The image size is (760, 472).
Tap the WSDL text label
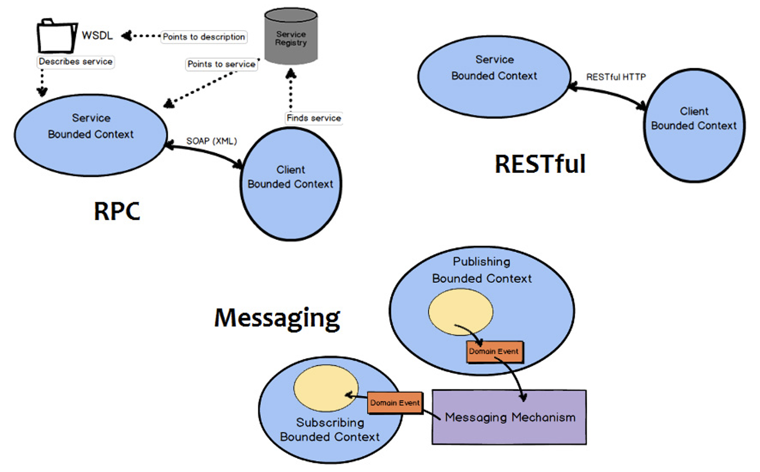click(x=97, y=36)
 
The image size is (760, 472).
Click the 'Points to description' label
click(x=204, y=37)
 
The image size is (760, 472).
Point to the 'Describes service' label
click(x=75, y=61)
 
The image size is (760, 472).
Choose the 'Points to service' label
click(x=222, y=64)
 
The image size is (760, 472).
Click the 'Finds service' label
click(x=313, y=118)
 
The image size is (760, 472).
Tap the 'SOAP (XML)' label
click(x=211, y=142)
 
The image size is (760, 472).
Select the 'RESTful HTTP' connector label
click(x=616, y=77)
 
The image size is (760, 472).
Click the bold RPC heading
click(x=117, y=211)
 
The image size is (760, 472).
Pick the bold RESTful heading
click(x=540, y=164)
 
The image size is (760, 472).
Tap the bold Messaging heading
click(x=277, y=317)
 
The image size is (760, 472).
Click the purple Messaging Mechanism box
click(x=509, y=417)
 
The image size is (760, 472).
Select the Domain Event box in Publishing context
click(x=493, y=352)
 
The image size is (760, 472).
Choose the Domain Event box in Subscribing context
click(x=395, y=402)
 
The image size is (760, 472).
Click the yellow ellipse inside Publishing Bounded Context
click(x=460, y=314)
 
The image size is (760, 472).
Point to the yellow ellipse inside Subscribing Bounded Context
click(x=326, y=389)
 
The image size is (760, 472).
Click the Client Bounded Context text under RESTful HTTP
click(x=694, y=119)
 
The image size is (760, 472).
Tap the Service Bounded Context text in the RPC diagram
click(x=91, y=126)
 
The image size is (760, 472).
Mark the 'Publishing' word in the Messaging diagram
click(x=481, y=262)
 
